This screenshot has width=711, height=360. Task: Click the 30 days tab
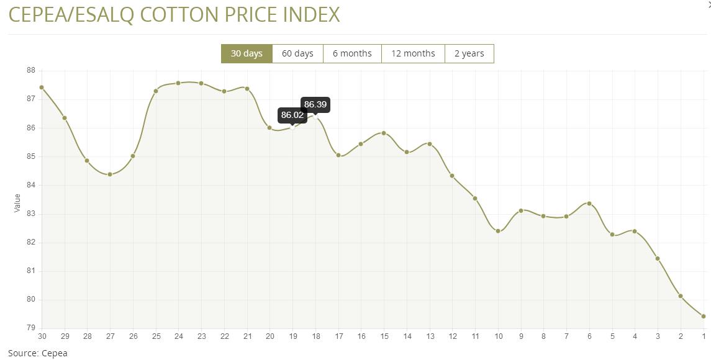(x=247, y=53)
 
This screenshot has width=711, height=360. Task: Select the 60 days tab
(x=297, y=53)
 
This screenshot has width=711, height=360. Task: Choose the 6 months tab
(x=352, y=53)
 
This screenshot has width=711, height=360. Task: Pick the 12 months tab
(x=413, y=53)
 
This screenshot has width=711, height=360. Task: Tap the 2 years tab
(x=469, y=53)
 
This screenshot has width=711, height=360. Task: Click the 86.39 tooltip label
(x=315, y=104)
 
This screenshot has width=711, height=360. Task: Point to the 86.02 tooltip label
(x=292, y=115)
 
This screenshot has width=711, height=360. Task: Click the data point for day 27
(x=110, y=174)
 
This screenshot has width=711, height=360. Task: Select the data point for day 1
(x=704, y=316)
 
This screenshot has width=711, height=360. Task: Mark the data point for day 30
(x=42, y=88)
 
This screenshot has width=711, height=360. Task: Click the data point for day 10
(x=498, y=231)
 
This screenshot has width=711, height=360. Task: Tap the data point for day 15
(x=384, y=133)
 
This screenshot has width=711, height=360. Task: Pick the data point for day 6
(x=589, y=204)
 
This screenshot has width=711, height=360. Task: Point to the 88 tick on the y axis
(x=30, y=71)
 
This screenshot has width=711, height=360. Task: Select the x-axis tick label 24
(x=178, y=336)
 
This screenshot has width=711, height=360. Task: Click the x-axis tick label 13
(x=430, y=336)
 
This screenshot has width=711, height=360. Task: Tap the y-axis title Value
(x=17, y=203)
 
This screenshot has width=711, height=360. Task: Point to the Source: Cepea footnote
(x=37, y=353)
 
